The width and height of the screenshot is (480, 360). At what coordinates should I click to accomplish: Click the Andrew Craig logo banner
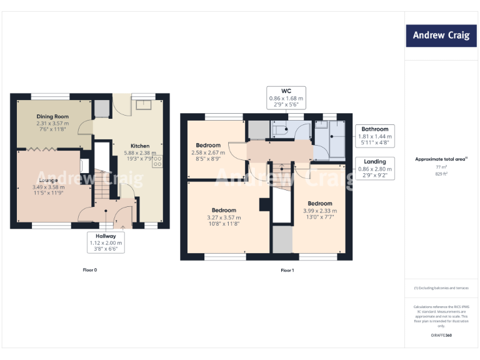441,36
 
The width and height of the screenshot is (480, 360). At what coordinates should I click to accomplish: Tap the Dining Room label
52,116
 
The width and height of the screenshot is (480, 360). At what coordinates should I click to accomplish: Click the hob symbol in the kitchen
156,161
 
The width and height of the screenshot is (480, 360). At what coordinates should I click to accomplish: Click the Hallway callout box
106,242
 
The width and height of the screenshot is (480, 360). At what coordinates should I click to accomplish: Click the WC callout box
286,98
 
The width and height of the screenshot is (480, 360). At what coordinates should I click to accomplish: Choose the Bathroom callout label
374,129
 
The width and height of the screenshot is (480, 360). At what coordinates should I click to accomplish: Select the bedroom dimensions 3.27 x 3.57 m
223,217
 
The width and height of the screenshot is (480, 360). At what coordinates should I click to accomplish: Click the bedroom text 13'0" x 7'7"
319,217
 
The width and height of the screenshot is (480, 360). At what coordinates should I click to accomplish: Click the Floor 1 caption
287,271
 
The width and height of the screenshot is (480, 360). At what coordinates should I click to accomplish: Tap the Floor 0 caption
90,270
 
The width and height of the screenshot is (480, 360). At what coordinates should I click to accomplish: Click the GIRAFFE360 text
441,336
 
